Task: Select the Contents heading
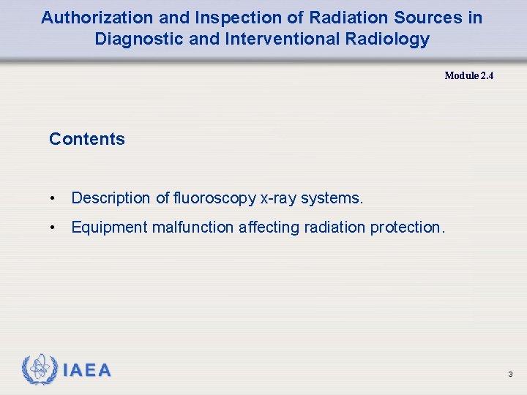click(x=86, y=139)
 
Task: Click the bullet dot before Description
click(x=53, y=198)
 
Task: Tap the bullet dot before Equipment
click(x=53, y=227)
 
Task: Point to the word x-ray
click(x=277, y=198)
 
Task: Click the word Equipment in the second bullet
click(x=109, y=227)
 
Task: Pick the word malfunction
click(x=193, y=227)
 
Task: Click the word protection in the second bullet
click(x=406, y=227)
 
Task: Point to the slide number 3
click(x=510, y=375)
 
